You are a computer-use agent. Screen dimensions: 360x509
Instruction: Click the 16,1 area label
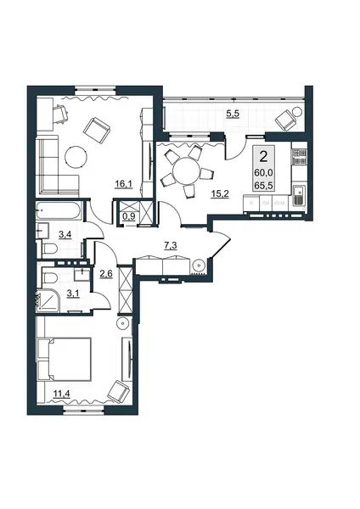coord(123,185)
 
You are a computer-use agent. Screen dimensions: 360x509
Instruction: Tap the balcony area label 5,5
coord(233,114)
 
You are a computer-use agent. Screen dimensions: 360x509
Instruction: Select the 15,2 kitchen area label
coord(221,194)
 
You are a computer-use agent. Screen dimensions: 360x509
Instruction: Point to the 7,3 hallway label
coord(171,246)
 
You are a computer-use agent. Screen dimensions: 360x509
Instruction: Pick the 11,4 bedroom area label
coord(62,394)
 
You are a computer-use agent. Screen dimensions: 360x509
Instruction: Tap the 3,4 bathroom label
coord(65,234)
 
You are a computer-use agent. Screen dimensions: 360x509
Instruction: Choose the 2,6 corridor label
coord(106,273)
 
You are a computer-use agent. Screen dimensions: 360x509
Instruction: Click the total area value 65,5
coord(263,185)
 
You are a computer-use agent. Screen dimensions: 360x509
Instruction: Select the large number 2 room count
coord(263,158)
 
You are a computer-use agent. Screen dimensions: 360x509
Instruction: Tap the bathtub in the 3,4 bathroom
coord(58,211)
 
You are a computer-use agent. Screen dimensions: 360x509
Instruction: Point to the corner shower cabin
coord(48,300)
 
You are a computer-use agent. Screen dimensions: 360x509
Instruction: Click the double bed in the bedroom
coord(64,359)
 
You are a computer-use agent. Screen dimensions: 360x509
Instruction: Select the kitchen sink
coord(298,195)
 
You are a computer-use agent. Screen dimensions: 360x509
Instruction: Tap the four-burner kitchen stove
coord(299,156)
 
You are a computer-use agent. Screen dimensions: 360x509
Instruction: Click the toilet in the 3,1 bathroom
coord(50,277)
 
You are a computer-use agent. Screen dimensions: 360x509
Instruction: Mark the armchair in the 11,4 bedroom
coord(119,391)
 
